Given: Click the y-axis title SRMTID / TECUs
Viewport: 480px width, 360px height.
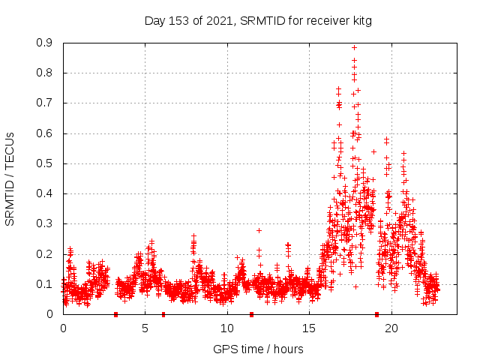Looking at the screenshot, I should coord(10,178).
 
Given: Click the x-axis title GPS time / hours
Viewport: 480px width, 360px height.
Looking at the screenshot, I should coord(258,349).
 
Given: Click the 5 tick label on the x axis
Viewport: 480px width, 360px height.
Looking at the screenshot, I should coord(145,328).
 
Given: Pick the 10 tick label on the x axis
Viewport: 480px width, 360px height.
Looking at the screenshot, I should coord(227,328).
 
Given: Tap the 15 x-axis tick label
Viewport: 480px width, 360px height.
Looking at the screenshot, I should coord(309,328).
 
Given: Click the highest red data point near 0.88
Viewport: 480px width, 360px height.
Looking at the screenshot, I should coord(354,48).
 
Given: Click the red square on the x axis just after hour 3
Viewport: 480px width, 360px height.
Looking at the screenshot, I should coord(115,314).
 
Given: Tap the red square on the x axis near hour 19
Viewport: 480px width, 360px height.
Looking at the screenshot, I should coord(376,314).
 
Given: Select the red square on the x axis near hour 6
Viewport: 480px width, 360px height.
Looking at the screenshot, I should coord(163,314).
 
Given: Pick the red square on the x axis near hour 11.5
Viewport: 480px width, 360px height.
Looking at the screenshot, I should coord(251,314).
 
